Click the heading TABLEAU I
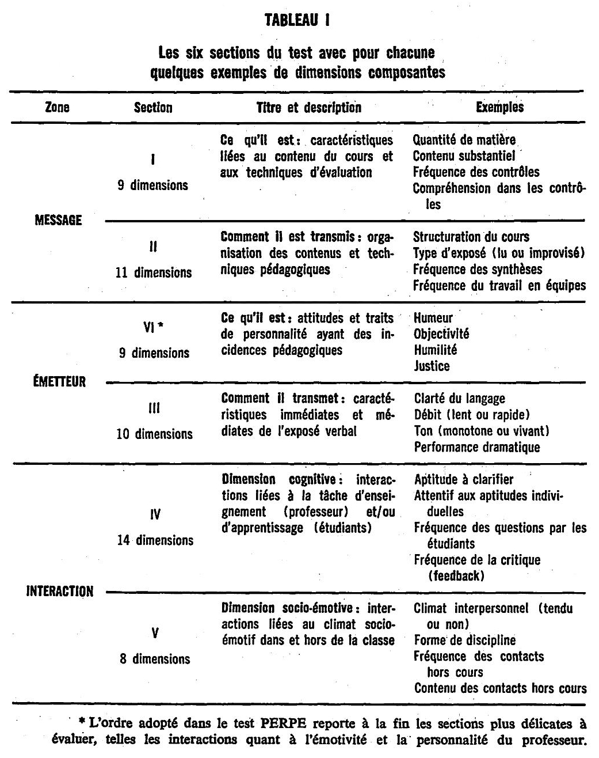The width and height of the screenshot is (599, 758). pos(297,22)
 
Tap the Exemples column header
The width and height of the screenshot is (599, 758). pos(499,107)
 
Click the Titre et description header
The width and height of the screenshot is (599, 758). pos(308,107)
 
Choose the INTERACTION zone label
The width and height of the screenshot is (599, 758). pos(60,592)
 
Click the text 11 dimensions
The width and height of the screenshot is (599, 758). pos(154,272)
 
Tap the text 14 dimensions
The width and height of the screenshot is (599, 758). pos(155,540)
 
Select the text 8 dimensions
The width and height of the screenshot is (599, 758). pos(155,659)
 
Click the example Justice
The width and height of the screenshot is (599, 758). pos(432,366)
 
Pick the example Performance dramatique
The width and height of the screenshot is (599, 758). pos(477,447)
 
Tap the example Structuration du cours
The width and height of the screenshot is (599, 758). pos(471,237)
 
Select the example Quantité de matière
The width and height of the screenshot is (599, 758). pos(464,140)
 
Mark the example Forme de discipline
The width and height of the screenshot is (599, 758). pos(465,640)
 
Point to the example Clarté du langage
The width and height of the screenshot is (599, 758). pos(459,399)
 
